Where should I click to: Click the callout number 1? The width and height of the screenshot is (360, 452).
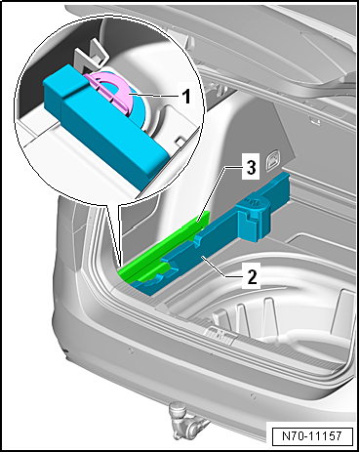(185, 97)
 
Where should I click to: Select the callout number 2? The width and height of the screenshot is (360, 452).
(252, 276)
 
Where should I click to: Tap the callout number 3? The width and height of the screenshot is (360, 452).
(251, 169)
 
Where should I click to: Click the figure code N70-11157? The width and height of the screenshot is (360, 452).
(312, 435)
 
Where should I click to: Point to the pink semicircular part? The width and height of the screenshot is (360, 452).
(112, 90)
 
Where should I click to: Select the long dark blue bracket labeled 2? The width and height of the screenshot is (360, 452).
(208, 241)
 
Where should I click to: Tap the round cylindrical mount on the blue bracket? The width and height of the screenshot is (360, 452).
(255, 217)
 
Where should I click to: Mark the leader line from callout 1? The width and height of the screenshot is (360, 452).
(152, 96)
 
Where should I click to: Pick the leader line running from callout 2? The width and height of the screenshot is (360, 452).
(222, 267)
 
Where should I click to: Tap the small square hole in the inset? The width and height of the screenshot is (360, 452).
(179, 142)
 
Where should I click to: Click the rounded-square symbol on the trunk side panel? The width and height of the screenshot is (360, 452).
(272, 160)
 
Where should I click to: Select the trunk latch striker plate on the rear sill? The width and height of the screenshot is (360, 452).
(219, 335)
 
